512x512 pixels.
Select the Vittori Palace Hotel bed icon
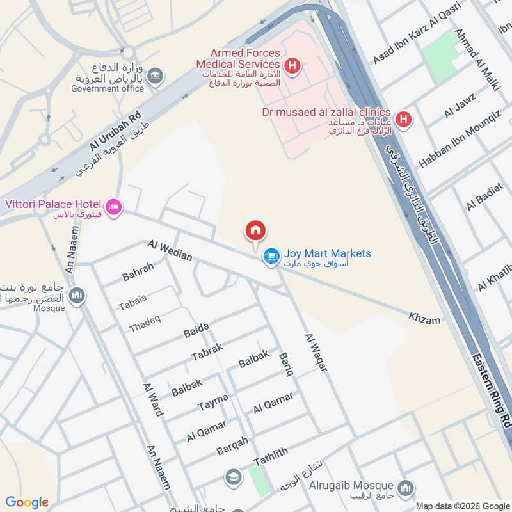click(x=114, y=207)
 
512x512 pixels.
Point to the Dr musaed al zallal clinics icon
click(x=403, y=118)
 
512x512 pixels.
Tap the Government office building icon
click(x=155, y=77)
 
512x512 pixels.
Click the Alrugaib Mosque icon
click(x=404, y=489)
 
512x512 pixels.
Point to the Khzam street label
click(x=424, y=317)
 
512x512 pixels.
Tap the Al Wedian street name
click(x=170, y=250)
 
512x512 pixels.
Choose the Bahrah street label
click(x=138, y=272)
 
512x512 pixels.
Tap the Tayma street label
click(x=212, y=402)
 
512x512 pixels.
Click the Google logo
click(x=27, y=502)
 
